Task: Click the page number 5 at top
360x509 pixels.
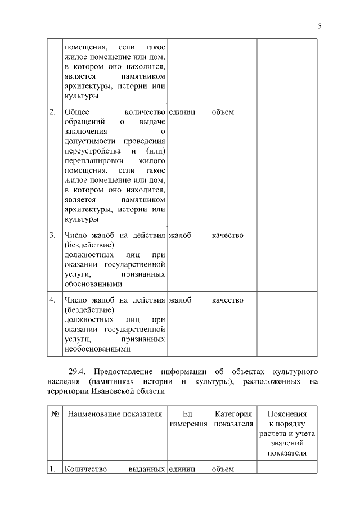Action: (319, 26)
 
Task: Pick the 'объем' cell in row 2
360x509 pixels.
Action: (223, 112)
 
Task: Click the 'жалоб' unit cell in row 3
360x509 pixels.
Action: (180, 235)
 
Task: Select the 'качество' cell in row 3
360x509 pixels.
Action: (228, 235)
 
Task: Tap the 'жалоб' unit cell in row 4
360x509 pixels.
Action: (180, 300)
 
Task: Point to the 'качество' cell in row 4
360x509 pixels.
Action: (228, 300)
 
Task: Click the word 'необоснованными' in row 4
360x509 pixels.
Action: (97, 349)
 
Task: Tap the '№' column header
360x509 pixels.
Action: (55, 415)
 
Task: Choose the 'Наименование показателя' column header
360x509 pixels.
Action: (115, 415)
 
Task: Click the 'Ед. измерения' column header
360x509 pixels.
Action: (188, 419)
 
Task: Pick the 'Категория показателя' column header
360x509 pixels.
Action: (233, 419)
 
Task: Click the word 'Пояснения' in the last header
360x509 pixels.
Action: (287, 415)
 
